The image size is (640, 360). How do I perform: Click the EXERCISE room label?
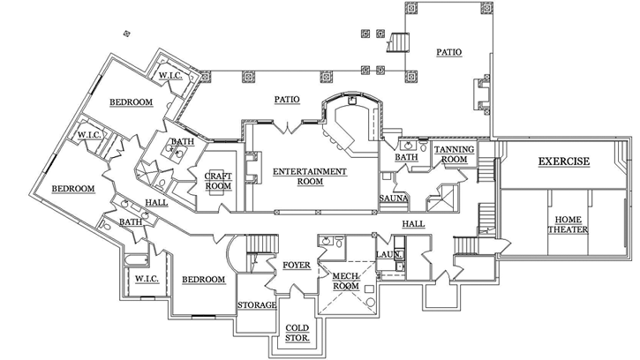pyautogui.click(x=564, y=162)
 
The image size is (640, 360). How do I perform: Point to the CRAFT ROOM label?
pyautogui.click(x=217, y=181)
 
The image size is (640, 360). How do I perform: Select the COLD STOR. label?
pyautogui.click(x=297, y=332)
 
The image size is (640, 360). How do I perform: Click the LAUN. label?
pyautogui.click(x=389, y=255)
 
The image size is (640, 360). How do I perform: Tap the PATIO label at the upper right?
pyautogui.click(x=448, y=53)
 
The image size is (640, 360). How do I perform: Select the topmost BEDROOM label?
pyautogui.click(x=131, y=103)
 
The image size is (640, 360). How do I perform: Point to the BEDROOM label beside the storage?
pyautogui.click(x=203, y=280)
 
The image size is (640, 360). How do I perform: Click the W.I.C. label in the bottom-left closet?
pyautogui.click(x=146, y=280)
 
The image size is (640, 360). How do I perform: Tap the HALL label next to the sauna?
pyautogui.click(x=413, y=224)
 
